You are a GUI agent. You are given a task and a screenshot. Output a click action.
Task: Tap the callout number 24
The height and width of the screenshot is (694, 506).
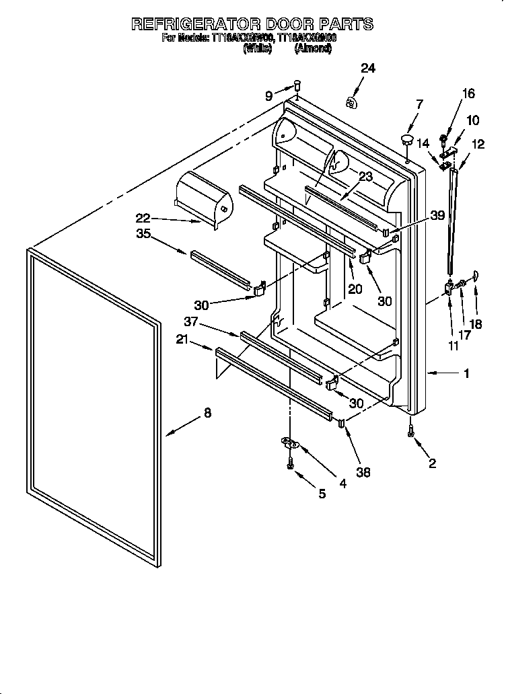tap(368, 69)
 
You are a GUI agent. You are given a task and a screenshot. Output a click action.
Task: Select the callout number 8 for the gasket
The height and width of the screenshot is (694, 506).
tap(207, 414)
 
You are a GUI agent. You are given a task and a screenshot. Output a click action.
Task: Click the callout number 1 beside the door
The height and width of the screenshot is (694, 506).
tap(466, 373)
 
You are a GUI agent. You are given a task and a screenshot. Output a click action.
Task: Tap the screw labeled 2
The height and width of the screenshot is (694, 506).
tap(410, 434)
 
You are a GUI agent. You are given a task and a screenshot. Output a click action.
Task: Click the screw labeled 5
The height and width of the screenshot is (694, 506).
tap(290, 464)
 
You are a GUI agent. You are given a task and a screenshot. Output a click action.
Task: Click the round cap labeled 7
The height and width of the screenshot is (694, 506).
tap(407, 140)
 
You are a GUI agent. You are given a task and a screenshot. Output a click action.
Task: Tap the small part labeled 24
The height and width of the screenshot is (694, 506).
tap(351, 102)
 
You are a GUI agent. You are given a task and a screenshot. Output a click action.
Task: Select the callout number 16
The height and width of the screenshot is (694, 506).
tap(468, 94)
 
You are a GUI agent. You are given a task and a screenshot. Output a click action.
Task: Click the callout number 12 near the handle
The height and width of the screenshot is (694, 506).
tap(478, 143)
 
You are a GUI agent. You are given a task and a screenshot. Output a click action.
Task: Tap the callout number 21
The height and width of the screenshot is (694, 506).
tap(182, 340)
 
